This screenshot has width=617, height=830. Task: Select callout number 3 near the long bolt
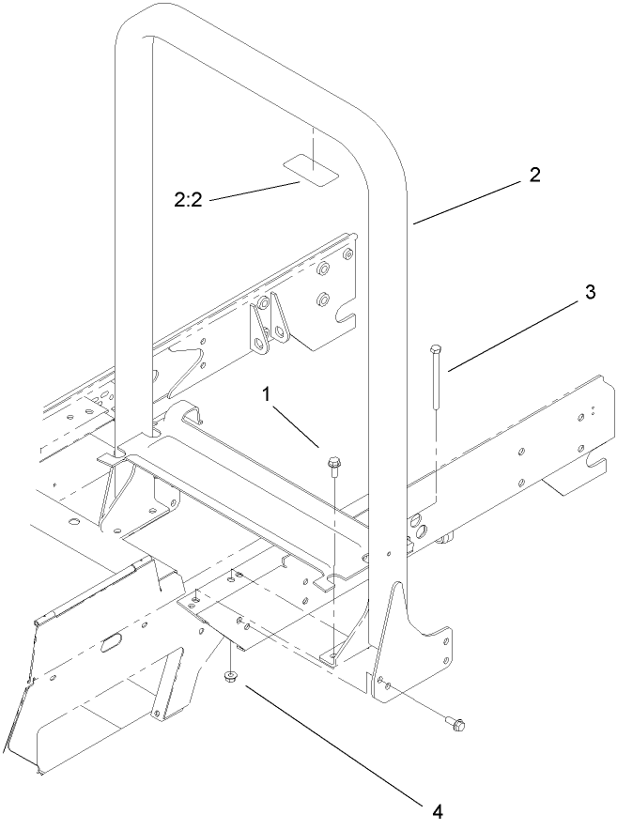[x=590, y=292]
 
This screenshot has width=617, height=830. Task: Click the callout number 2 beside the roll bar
[x=534, y=175]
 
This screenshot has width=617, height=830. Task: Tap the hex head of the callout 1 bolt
[x=334, y=463]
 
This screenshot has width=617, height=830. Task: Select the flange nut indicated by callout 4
[x=229, y=677]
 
